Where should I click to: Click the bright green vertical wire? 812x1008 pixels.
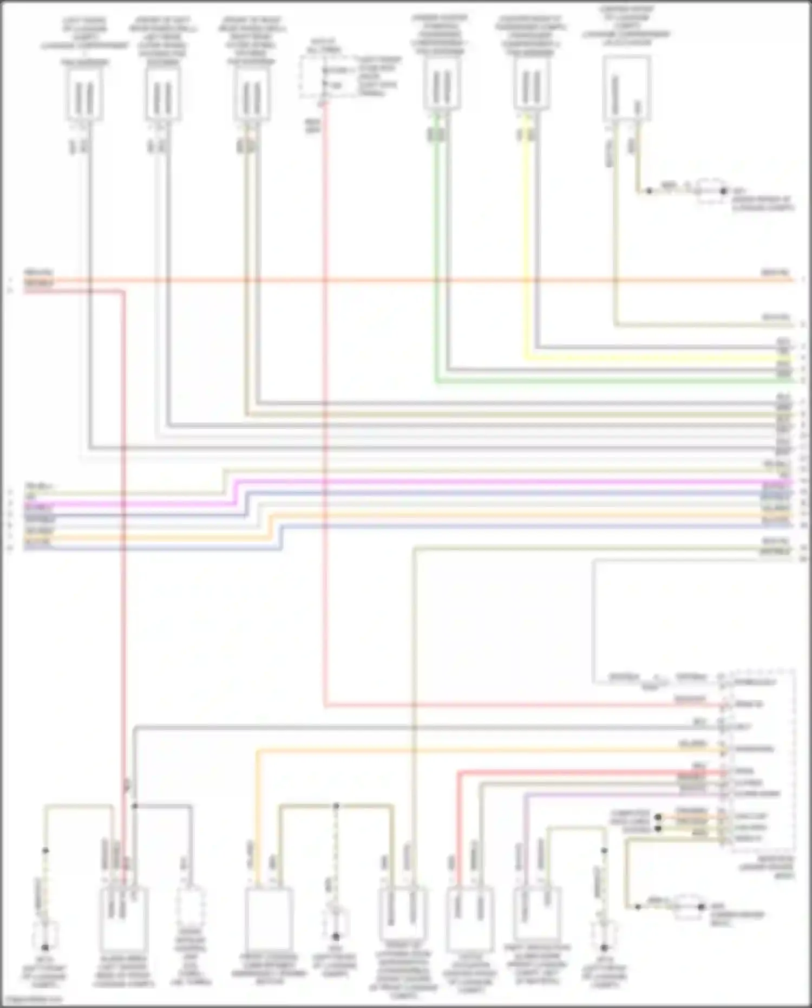pyautogui.click(x=436, y=260)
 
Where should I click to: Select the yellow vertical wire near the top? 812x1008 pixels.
pyautogui.click(x=524, y=244)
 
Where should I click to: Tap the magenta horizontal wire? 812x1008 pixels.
pyautogui.click(x=487, y=482)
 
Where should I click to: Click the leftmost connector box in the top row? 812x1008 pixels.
pyautogui.click(x=85, y=96)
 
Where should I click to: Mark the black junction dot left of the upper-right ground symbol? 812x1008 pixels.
pyautogui.click(x=649, y=191)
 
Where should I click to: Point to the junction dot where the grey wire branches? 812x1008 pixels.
pyautogui.click(x=134, y=807)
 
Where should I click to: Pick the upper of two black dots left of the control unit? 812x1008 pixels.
pyautogui.click(x=658, y=817)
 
